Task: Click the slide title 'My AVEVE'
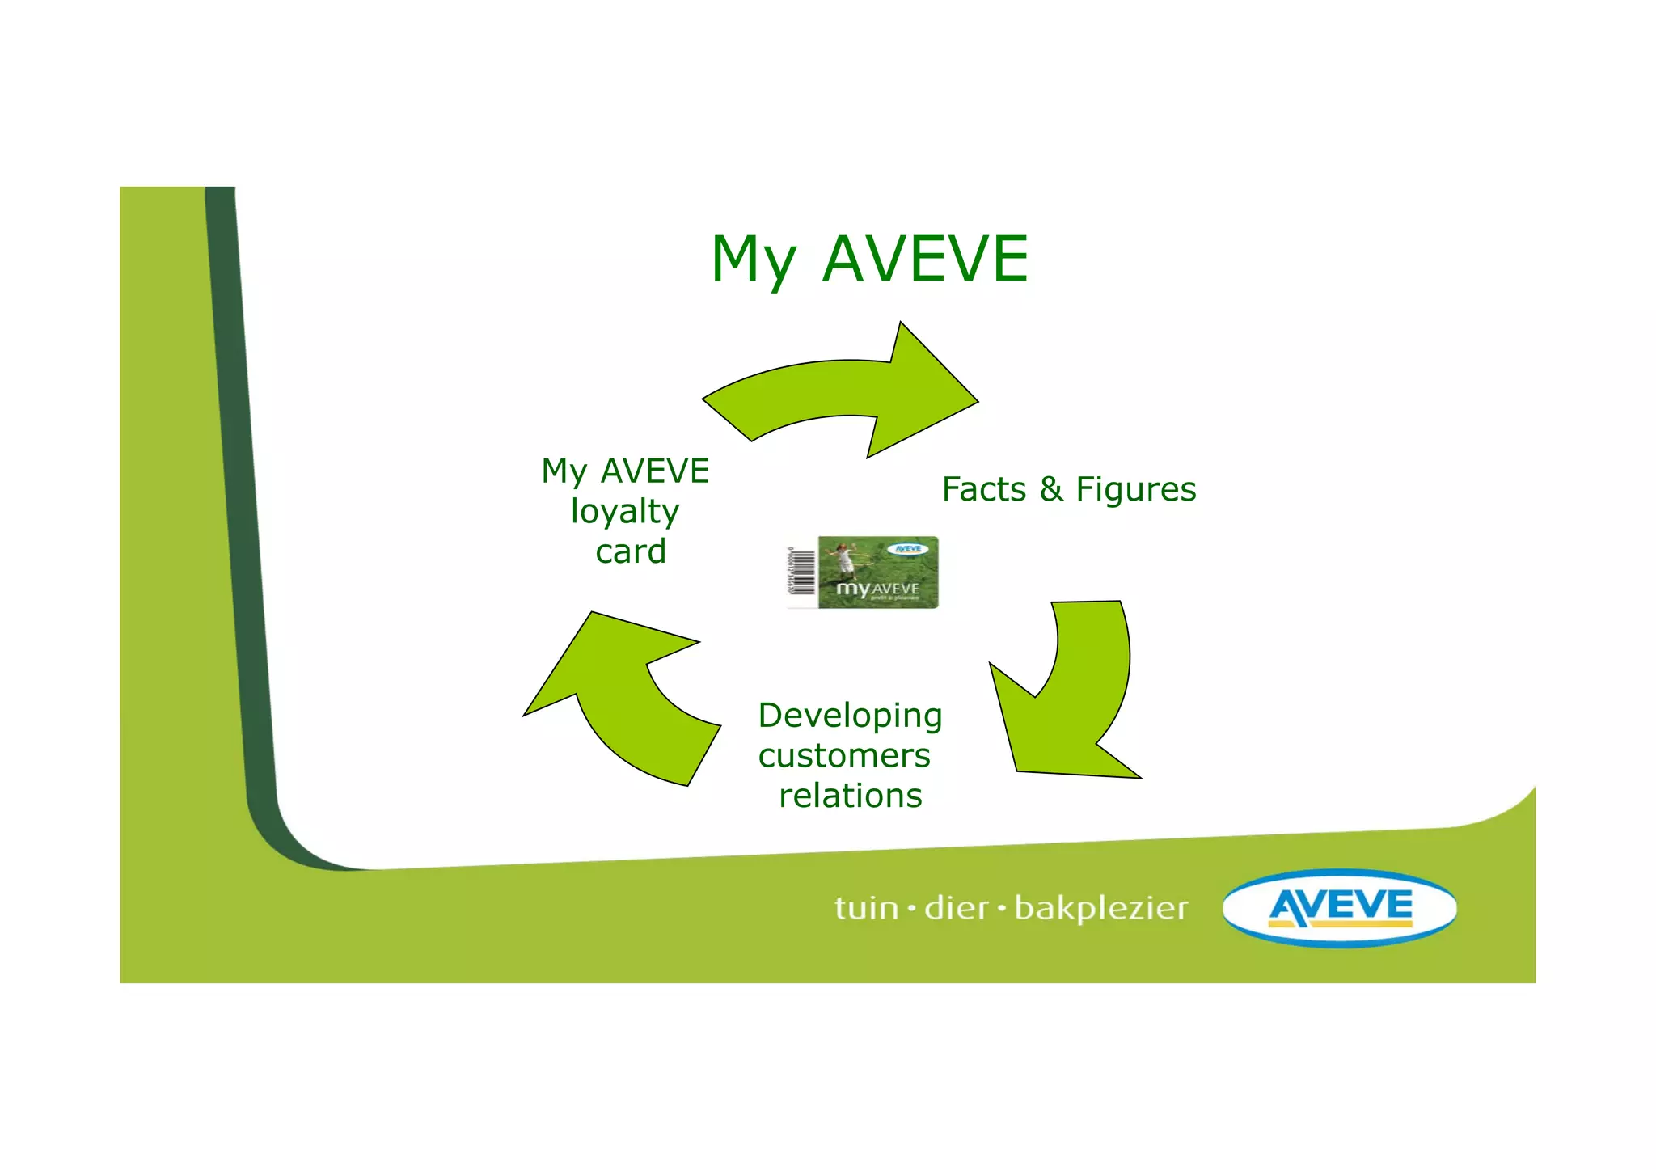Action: tap(869, 259)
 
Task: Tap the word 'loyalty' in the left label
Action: tap(625, 511)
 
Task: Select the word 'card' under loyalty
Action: tap(631, 551)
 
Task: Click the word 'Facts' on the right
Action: tap(983, 489)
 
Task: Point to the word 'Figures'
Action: tap(1136, 489)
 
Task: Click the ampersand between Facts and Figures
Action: tap(1051, 489)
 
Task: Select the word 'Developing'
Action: tap(850, 716)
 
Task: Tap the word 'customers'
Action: tap(844, 756)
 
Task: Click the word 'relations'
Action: tap(851, 796)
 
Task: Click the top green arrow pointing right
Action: tap(849, 392)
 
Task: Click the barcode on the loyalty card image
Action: tap(801, 572)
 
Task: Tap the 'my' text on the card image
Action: tap(852, 588)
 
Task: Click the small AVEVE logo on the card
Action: tap(908, 549)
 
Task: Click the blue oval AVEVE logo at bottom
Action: tap(1340, 907)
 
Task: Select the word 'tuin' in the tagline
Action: tap(866, 908)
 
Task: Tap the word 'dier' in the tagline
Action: tap(956, 908)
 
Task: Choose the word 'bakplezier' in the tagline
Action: tap(1101, 908)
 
